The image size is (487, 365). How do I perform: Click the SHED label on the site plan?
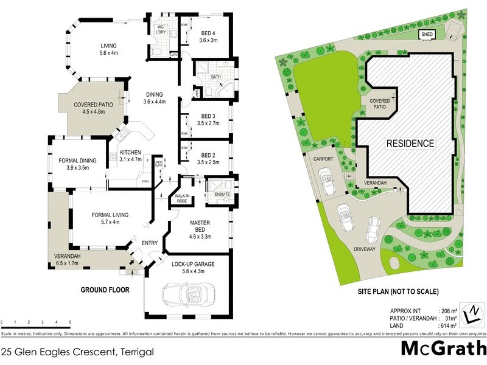coord(427,35)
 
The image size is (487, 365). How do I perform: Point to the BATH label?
coord(216,77)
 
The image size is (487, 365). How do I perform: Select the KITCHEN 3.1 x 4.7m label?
coord(130,156)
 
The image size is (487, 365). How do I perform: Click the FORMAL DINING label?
coord(79,164)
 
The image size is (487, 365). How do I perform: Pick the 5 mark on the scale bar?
coord(70,322)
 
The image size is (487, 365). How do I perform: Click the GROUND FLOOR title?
coord(105,290)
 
